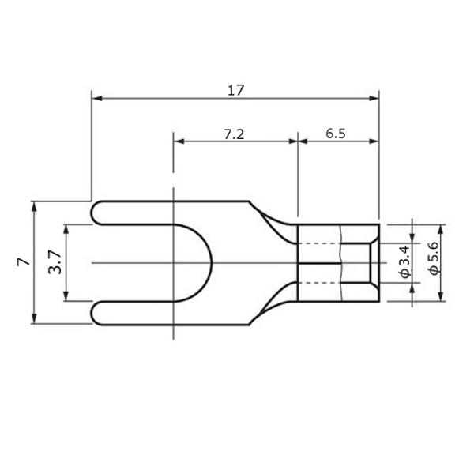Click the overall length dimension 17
(235, 90)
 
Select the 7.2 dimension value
(234, 134)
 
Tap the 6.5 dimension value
(336, 134)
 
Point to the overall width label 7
(24, 261)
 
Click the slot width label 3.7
(55, 261)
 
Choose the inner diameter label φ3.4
(405, 261)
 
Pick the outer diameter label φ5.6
(434, 258)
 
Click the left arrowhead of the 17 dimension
(96, 98)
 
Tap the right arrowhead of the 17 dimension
(374, 98)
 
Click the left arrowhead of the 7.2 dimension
(179, 141)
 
